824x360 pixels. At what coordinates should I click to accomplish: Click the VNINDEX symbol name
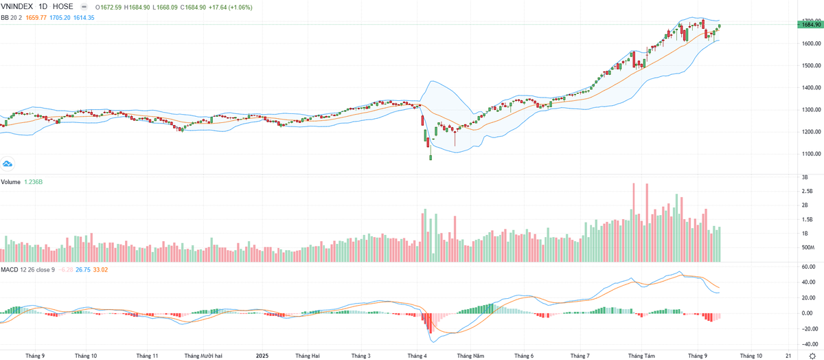point(19,6)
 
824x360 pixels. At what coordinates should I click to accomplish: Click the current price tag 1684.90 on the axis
point(810,25)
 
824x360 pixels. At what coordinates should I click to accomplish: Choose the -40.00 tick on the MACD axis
point(809,344)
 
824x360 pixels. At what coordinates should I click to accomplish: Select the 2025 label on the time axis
point(262,356)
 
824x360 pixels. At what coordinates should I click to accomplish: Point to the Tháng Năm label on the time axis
point(470,356)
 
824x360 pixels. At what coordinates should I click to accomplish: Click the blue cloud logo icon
point(8,164)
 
